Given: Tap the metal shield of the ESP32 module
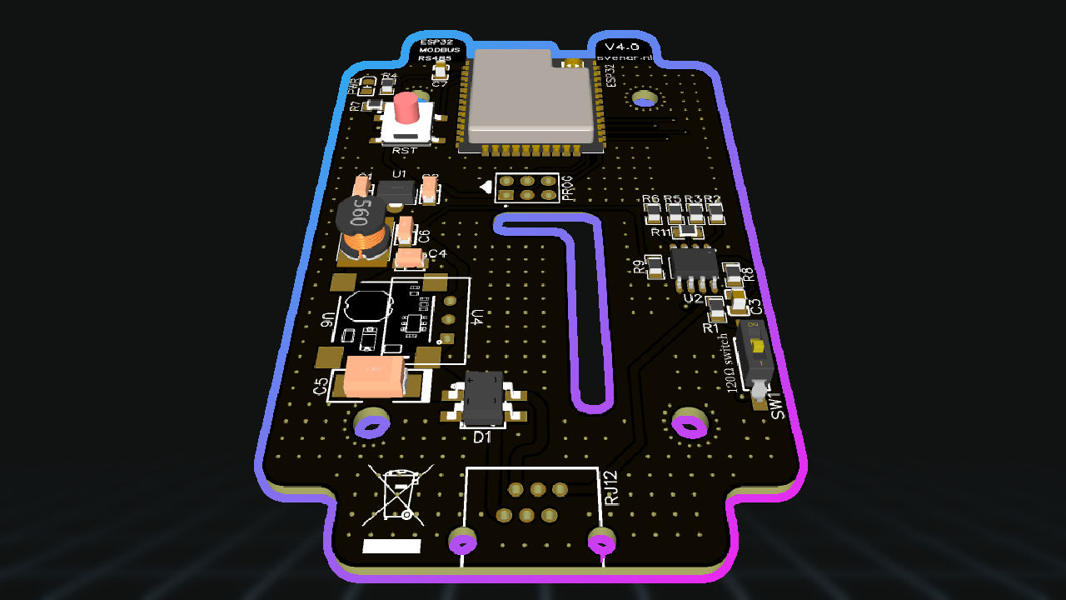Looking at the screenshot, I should point(531,96).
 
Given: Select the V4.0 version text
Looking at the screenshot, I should point(621,47).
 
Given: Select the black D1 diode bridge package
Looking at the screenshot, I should point(484,398).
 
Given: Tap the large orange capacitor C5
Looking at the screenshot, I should point(376,377).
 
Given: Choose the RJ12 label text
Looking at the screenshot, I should point(611,488).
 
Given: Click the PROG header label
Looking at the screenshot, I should point(568,190).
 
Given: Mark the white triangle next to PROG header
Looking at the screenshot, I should point(486,187).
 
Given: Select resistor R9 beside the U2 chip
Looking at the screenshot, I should point(655,267).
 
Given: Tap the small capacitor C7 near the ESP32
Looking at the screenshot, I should point(440,74).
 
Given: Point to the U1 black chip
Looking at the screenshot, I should point(396,192).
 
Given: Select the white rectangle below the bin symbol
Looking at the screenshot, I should point(392,546).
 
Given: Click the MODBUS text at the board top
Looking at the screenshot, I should point(439,50).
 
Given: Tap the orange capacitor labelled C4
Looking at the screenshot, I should point(410,258).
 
